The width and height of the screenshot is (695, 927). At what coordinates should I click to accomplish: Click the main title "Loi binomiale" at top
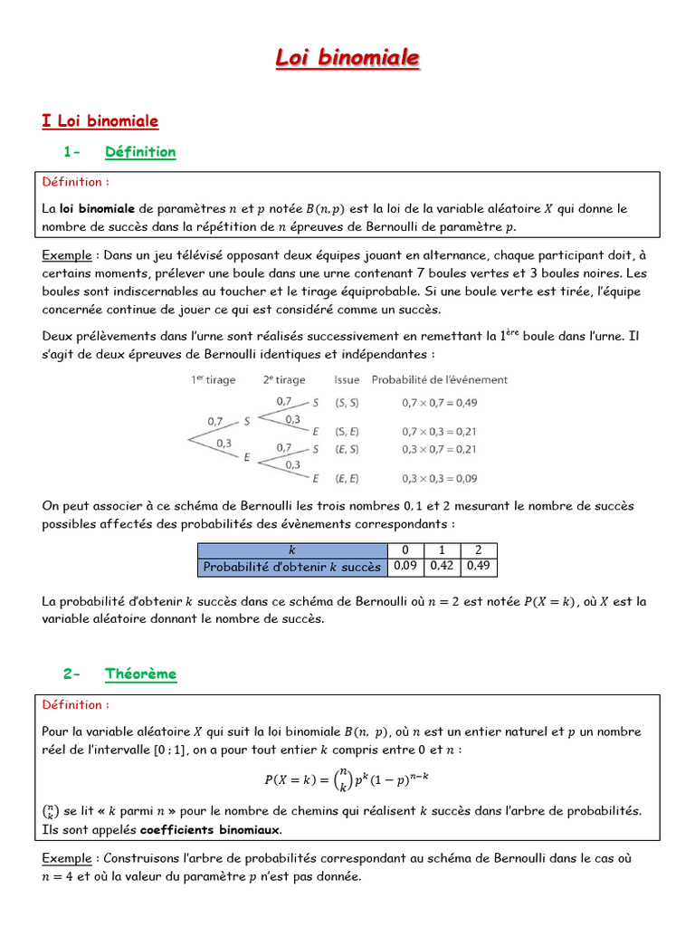coord(347,59)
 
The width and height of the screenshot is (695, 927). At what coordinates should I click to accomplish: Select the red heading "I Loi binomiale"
coord(100,120)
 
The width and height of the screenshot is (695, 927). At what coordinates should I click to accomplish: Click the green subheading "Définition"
coord(140,152)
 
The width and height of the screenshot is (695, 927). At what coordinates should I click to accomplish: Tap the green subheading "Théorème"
coord(140,674)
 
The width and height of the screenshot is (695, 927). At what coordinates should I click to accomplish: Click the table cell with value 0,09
coord(405,567)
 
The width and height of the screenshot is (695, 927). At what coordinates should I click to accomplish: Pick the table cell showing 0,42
coord(442,567)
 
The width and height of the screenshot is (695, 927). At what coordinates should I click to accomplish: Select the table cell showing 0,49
coord(479,567)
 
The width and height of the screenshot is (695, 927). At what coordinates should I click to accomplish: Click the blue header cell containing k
coord(291,550)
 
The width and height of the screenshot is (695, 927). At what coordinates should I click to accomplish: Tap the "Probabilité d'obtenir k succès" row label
coord(291,568)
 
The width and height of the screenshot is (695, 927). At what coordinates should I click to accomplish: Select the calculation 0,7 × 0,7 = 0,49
coord(440,402)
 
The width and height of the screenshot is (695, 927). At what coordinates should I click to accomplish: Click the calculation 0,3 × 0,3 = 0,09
coord(440,479)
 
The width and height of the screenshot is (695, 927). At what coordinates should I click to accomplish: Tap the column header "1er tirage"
coord(213,380)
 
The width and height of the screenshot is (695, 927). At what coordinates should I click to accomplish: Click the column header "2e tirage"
coord(284,380)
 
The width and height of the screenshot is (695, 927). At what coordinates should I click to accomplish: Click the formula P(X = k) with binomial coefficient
coord(347,779)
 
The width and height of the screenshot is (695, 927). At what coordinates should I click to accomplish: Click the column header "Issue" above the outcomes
coord(347,380)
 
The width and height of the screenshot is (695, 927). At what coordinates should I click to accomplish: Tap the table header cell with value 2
coord(479,550)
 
